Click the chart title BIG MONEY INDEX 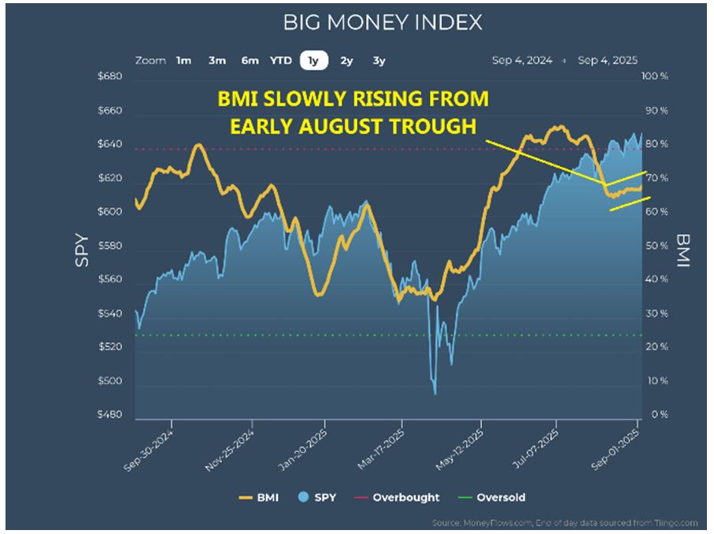(383, 22)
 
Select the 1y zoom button (314, 60)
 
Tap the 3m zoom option (217, 60)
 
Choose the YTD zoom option (281, 60)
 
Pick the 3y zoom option (379, 60)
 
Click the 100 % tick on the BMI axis (656, 77)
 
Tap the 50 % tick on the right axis (656, 246)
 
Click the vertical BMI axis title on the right (682, 250)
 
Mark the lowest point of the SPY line (435, 393)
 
